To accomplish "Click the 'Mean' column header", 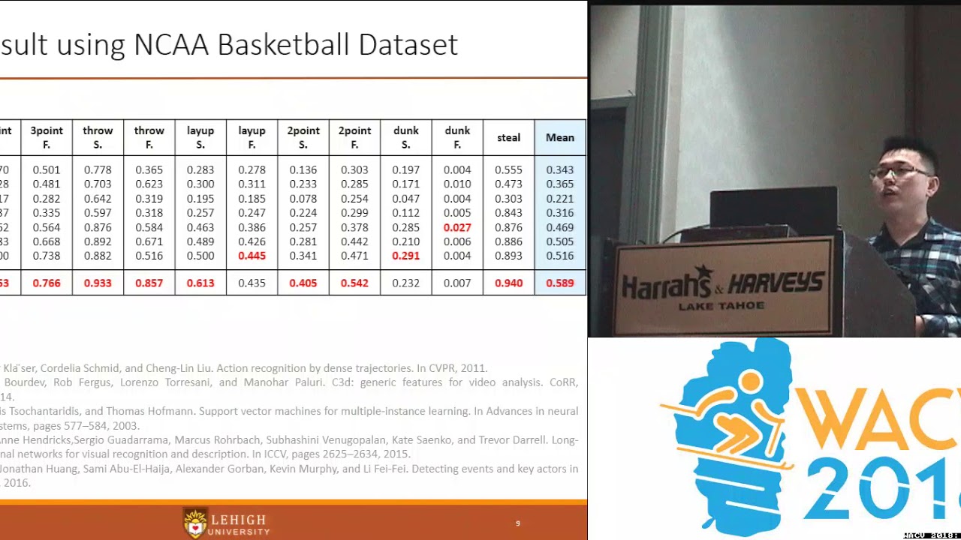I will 560,137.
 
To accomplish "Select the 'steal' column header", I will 508,137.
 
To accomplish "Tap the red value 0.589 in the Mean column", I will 560,283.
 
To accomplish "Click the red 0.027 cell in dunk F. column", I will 457,227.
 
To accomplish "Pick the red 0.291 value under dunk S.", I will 406,256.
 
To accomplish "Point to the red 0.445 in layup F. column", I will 252,256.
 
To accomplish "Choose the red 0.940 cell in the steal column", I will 508,283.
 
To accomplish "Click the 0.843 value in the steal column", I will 508,213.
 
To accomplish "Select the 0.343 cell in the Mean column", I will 560,170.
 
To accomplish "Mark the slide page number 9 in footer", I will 517,523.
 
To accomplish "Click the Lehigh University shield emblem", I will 195,522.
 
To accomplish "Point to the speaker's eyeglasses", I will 897,172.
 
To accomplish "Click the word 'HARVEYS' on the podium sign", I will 776,283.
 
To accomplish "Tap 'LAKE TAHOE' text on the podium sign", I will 722,306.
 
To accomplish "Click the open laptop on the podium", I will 773,210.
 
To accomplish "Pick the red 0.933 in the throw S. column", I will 98,283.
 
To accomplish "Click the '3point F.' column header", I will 47,137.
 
